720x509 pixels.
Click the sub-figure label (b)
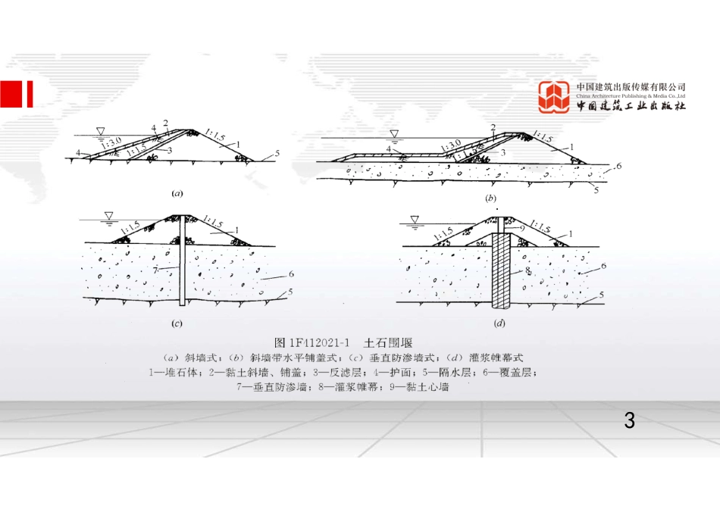click(490, 198)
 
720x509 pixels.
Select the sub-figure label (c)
click(176, 324)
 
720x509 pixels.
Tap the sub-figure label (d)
click(499, 323)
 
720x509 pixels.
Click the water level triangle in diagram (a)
click(102, 132)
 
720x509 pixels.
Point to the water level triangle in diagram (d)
click(414, 220)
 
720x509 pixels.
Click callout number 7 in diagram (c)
click(155, 269)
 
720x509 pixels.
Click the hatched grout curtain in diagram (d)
click(501, 273)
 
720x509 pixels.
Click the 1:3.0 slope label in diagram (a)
click(111, 142)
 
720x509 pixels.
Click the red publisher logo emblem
click(554, 98)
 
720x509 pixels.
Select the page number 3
click(628, 420)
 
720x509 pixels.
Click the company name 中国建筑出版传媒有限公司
click(631, 87)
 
